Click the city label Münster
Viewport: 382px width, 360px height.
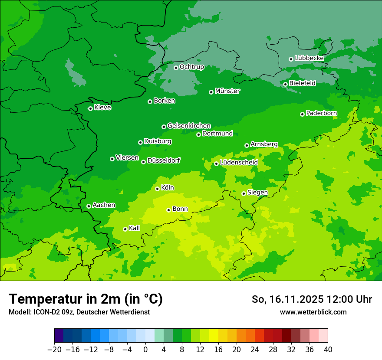click(x=227, y=91)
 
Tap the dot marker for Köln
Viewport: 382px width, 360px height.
click(x=157, y=189)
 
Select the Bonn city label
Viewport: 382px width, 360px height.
click(x=180, y=209)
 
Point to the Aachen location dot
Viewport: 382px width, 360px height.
click(x=89, y=206)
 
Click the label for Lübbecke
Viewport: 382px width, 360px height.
click(x=309, y=58)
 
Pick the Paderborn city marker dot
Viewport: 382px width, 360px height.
click(x=302, y=114)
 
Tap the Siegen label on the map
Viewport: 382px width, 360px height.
click(x=257, y=193)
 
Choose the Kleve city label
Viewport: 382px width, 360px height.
click(x=102, y=108)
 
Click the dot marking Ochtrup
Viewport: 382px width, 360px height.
click(x=176, y=67)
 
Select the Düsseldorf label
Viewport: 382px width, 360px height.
click(x=164, y=160)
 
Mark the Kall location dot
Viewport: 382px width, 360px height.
click(x=125, y=229)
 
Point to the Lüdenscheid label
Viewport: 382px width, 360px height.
click(x=239, y=163)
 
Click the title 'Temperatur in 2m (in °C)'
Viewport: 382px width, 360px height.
click(x=86, y=299)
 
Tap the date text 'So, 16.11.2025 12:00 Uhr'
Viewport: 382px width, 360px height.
click(x=312, y=299)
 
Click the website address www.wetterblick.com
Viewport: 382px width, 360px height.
click(x=313, y=312)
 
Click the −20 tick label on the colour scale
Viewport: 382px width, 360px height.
click(x=54, y=350)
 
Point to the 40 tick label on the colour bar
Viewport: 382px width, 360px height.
click(x=328, y=350)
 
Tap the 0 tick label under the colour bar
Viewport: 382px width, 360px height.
click(x=145, y=350)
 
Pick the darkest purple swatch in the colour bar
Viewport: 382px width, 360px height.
click(x=59, y=336)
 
